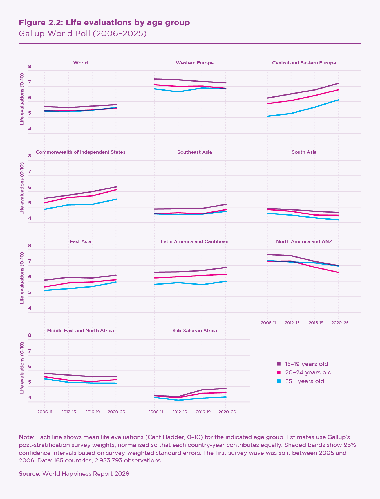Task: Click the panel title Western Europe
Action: [195, 63]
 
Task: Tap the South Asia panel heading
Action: [304, 152]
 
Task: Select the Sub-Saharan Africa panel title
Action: [195, 331]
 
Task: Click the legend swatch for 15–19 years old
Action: [279, 364]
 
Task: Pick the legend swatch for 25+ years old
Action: [279, 381]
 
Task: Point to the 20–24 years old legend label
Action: [308, 372]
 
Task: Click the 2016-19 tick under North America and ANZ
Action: [316, 323]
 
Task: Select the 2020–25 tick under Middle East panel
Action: [116, 412]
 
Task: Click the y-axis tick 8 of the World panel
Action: [30, 67]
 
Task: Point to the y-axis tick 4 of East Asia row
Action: [30, 308]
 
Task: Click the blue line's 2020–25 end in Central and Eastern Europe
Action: [339, 100]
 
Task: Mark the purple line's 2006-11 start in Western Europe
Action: [154, 79]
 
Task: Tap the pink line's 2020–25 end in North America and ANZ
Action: [339, 272]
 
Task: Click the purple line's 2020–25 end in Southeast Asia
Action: [226, 204]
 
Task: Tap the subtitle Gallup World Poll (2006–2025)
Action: [82, 34]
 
